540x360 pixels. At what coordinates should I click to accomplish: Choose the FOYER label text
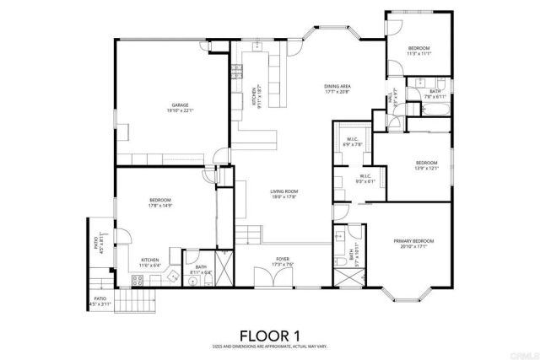click(x=283, y=261)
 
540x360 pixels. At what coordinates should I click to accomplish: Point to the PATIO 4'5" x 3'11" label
click(x=100, y=301)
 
